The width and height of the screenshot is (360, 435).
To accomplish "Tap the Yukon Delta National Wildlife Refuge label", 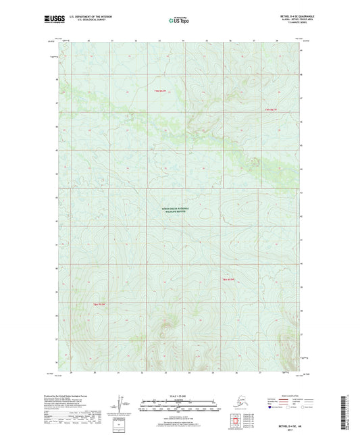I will (180, 210).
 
